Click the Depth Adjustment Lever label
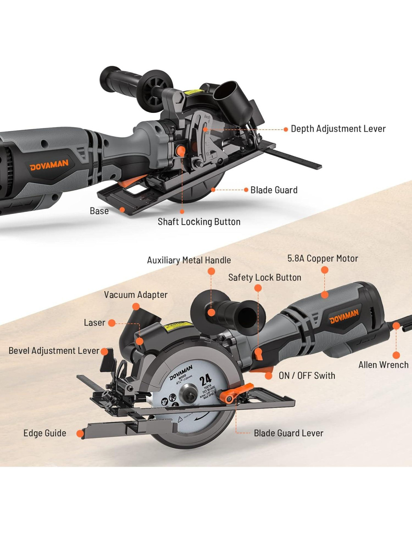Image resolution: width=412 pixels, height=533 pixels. [x=338, y=129]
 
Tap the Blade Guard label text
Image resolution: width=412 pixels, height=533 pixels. [x=274, y=190]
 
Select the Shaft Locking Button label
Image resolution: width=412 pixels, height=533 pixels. [x=199, y=222]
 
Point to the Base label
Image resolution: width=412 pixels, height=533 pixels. [x=99, y=211]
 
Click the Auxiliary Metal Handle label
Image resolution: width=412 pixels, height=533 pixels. [x=189, y=260]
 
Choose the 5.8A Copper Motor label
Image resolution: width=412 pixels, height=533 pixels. [x=322, y=258]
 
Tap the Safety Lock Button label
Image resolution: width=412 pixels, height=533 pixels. [x=264, y=277]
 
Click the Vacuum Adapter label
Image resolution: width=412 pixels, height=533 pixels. [x=136, y=295]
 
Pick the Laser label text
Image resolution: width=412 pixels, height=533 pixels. [x=94, y=323]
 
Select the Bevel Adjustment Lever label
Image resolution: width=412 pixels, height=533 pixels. [x=54, y=351]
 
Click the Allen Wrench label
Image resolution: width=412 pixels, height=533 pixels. [x=383, y=365]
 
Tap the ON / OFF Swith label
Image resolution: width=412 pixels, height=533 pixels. [x=307, y=376]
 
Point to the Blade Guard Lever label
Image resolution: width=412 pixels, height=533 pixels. [x=288, y=433]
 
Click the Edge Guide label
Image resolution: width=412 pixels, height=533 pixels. [x=45, y=433]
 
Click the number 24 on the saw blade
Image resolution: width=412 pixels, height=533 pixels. [x=205, y=380]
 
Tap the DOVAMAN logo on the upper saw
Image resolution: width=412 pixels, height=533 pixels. [x=49, y=165]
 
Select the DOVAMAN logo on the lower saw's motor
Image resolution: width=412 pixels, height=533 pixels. [x=344, y=317]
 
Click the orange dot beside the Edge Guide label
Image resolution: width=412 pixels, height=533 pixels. [x=80, y=434]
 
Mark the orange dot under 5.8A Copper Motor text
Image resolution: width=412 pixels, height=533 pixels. [x=325, y=270]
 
